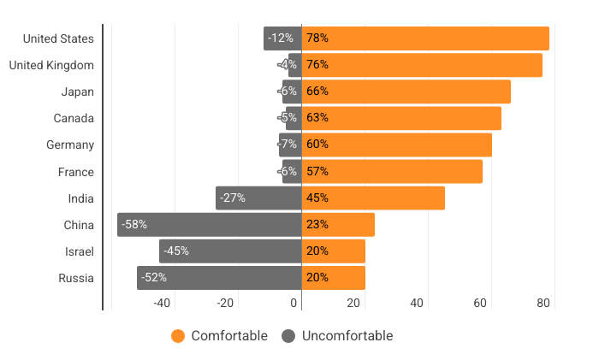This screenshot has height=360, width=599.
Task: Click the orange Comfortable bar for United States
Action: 425,38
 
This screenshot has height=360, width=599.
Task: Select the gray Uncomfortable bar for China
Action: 210,225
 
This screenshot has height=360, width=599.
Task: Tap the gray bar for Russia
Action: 219,278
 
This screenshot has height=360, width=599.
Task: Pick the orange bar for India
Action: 373,198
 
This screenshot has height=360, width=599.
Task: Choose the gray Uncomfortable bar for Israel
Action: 230,251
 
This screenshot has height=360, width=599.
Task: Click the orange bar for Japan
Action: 406,91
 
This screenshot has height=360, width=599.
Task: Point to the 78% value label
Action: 317,38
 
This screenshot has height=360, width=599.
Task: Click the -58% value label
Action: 134,225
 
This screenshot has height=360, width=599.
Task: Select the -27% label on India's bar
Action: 233,198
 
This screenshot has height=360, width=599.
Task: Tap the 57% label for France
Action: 317,171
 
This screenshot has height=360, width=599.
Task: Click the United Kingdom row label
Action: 51,65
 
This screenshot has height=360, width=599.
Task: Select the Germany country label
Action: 70,145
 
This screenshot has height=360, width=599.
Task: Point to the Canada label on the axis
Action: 73,118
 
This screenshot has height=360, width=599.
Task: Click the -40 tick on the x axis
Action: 163,303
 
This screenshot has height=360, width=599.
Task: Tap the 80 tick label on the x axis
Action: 543,303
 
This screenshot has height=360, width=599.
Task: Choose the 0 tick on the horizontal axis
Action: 294,303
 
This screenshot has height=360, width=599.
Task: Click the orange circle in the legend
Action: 178,336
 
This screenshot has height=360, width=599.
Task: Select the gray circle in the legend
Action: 288,336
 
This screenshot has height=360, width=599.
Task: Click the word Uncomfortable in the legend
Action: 347,336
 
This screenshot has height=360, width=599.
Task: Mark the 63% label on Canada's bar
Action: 317,118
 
